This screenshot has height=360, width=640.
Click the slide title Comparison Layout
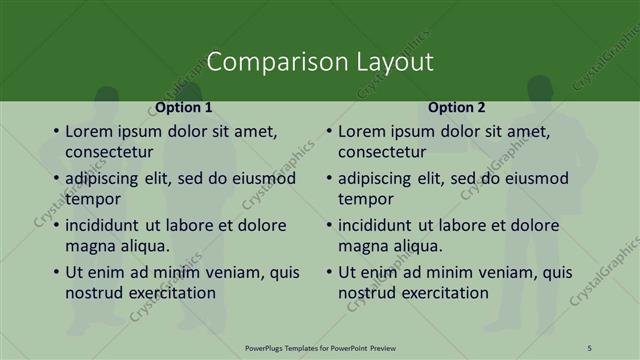click(x=320, y=62)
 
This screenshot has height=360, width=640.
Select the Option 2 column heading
click(x=458, y=107)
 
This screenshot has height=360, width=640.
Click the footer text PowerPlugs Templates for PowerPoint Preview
click(x=319, y=347)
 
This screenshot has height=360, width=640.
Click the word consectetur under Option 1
click(x=109, y=152)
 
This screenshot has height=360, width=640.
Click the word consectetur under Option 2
click(x=382, y=152)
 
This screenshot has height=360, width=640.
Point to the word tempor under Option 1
click(x=92, y=199)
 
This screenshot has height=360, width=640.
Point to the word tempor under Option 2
click(x=365, y=199)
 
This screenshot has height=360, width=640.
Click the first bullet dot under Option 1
click(x=55, y=131)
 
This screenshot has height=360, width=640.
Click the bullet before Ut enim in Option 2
click(x=328, y=272)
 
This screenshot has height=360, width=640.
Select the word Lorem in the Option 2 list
click(x=361, y=131)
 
